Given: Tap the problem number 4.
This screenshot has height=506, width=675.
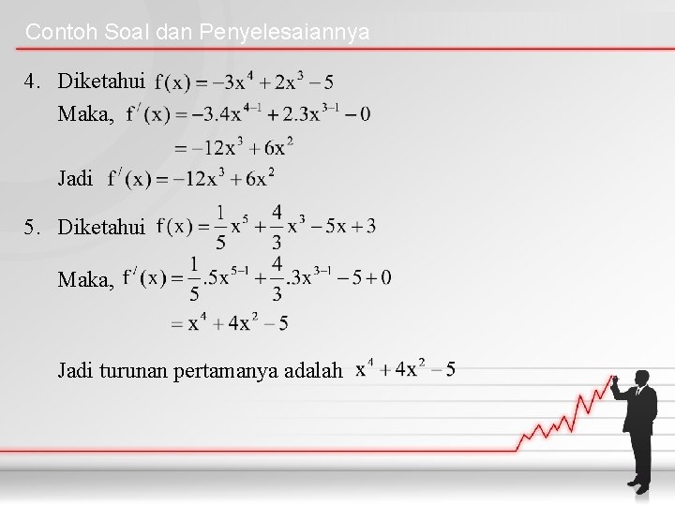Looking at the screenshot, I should tap(33, 82).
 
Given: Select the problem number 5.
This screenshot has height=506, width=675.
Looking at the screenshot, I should tap(33, 227).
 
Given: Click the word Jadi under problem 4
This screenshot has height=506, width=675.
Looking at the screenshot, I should tap(75, 178).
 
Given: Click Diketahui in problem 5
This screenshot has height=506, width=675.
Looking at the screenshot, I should tap(101, 227).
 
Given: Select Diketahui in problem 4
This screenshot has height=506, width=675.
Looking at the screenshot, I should tap(101, 82).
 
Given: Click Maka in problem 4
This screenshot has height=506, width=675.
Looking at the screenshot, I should tap(86, 115).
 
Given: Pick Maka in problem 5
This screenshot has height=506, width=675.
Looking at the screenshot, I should tap(86, 278).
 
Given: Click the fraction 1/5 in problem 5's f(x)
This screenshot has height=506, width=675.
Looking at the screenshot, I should tap(220, 226).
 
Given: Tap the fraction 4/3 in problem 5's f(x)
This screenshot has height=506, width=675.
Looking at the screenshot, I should tap(277, 226).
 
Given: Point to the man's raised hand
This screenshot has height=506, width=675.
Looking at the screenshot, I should tap(613, 382).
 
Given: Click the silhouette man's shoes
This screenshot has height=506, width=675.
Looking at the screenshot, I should tap(637, 486).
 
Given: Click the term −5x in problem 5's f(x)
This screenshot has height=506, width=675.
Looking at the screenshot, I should tap(331, 226).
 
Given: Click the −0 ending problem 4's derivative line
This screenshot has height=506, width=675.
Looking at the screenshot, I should tap(357, 114).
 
